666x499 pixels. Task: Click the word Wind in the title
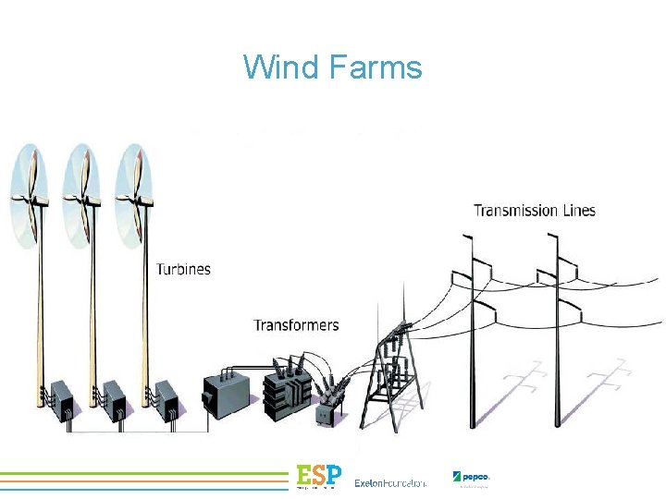[x=272, y=67]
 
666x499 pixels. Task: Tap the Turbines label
[x=183, y=270]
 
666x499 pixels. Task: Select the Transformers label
[x=296, y=325]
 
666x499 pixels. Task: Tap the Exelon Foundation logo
[x=389, y=482]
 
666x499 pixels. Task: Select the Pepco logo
[x=471, y=478]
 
